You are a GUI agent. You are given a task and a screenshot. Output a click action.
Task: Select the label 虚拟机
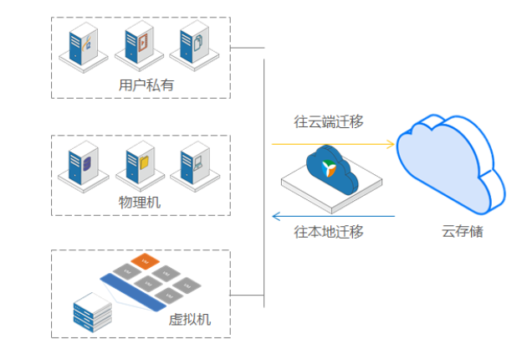[x=191, y=319]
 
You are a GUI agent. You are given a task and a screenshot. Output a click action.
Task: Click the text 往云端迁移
[x=329, y=121]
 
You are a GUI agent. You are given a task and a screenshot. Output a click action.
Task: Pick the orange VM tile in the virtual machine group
[x=144, y=261]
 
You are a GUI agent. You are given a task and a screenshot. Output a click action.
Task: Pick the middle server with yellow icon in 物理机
[x=139, y=162]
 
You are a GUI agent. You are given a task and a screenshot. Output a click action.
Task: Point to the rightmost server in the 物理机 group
[x=193, y=162]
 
